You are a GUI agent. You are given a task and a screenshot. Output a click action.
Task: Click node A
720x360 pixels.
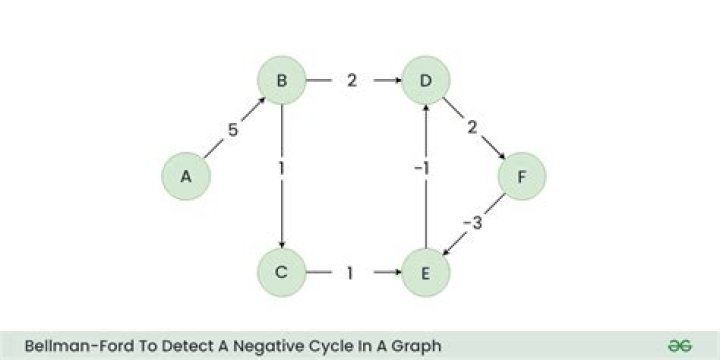click(185, 177)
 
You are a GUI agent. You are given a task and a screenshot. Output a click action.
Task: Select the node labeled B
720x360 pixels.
click(282, 80)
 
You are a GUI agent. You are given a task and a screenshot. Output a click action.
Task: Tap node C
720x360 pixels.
click(282, 272)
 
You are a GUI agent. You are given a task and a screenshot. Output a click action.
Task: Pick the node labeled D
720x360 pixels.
click(426, 80)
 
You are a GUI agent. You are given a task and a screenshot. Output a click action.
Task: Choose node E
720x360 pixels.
click(426, 272)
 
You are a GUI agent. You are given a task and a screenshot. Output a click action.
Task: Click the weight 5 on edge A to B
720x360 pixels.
click(232, 131)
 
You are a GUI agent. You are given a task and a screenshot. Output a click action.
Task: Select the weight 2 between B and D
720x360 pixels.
click(353, 80)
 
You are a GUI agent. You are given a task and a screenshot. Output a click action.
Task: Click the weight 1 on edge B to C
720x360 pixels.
click(282, 169)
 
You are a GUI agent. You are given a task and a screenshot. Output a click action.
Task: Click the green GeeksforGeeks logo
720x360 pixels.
click(682, 344)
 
